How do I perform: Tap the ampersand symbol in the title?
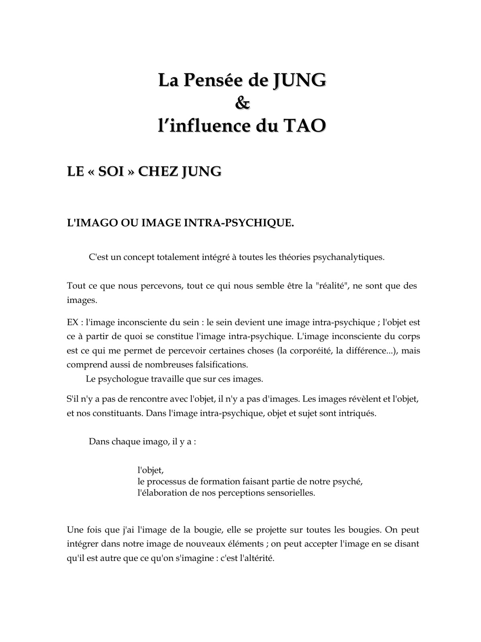(x=242, y=103)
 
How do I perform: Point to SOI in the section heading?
(x=111, y=171)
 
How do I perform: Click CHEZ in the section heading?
(x=158, y=171)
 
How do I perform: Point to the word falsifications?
(x=219, y=365)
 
